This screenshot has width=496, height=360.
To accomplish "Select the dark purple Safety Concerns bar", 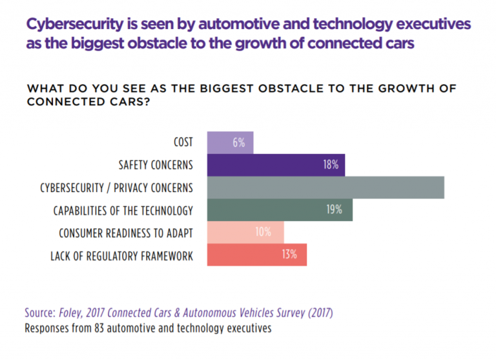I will coord(276,165).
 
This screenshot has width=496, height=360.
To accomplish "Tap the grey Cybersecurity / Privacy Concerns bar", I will coord(325,187).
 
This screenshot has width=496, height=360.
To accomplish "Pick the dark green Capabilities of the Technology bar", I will coord(280,210).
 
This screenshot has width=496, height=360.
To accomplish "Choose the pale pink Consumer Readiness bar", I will coord(245,233).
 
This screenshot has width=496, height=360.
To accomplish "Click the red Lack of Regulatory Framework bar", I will coord(256,255).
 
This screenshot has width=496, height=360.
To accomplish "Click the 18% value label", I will coord(331,165).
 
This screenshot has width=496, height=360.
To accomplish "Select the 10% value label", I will coord(263,233).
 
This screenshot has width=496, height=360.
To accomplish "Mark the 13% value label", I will coord(289,255).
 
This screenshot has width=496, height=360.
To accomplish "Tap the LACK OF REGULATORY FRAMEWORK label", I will coord(121,256).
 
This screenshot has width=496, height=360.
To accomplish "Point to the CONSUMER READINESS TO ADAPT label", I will coord(126,233).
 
